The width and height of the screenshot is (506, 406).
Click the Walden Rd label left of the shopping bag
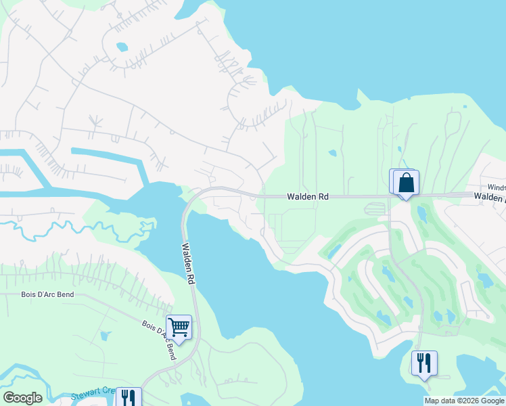[x=308, y=196]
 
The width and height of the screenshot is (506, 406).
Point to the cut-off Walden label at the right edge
[x=490, y=196]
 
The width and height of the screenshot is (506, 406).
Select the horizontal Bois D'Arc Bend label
[x=47, y=295]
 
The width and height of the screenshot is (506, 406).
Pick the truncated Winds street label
[x=497, y=187]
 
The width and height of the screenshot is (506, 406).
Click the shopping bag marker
[x=406, y=183]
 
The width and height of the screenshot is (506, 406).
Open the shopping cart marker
[x=179, y=328]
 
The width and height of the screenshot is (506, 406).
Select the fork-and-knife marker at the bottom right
[x=424, y=363]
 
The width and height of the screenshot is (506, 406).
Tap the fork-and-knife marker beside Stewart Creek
[x=129, y=397]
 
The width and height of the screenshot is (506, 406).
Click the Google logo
[x=22, y=398]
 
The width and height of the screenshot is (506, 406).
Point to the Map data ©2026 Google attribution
[x=463, y=401]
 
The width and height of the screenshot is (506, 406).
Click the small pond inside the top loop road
[x=122, y=47]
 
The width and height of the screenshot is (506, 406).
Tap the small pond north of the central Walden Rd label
[x=332, y=152]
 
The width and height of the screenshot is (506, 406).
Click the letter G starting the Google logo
[x=9, y=398]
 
